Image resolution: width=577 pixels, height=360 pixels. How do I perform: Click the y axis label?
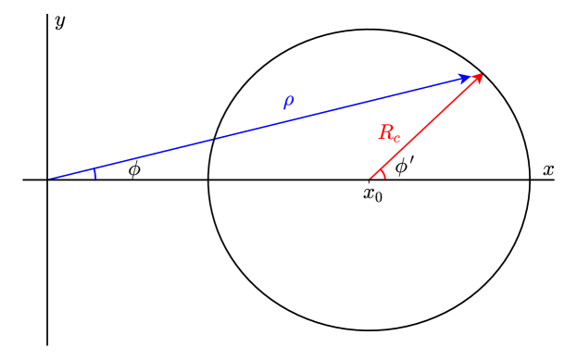[60, 21]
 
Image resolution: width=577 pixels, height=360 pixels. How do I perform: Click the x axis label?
[548, 169]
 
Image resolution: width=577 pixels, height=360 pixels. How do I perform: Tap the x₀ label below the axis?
[372, 194]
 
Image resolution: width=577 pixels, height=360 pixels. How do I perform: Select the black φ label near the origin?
[134, 169]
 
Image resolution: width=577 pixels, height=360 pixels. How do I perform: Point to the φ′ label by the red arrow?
[404, 167]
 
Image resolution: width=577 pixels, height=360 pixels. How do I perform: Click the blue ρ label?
[288, 100]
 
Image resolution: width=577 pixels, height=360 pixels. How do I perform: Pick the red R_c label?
[389, 133]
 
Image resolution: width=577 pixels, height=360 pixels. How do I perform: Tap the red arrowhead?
[479, 77]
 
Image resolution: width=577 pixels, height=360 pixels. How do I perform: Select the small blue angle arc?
[94, 174]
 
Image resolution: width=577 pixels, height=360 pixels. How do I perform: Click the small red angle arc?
[383, 173]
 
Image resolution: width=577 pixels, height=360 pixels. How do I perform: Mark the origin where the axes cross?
[47, 180]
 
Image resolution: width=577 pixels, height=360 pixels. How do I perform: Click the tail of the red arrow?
[370, 180]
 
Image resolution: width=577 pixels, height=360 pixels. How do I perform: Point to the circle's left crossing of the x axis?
[208, 180]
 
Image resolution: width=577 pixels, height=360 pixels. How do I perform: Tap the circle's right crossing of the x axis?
[530, 180]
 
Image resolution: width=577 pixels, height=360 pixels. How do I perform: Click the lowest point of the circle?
[370, 329]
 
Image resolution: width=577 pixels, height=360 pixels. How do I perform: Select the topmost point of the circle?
[370, 30]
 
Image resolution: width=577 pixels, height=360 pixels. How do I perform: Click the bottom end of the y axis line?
[47, 343]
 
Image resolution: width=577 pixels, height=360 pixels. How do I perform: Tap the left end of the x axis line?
[24, 180]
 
